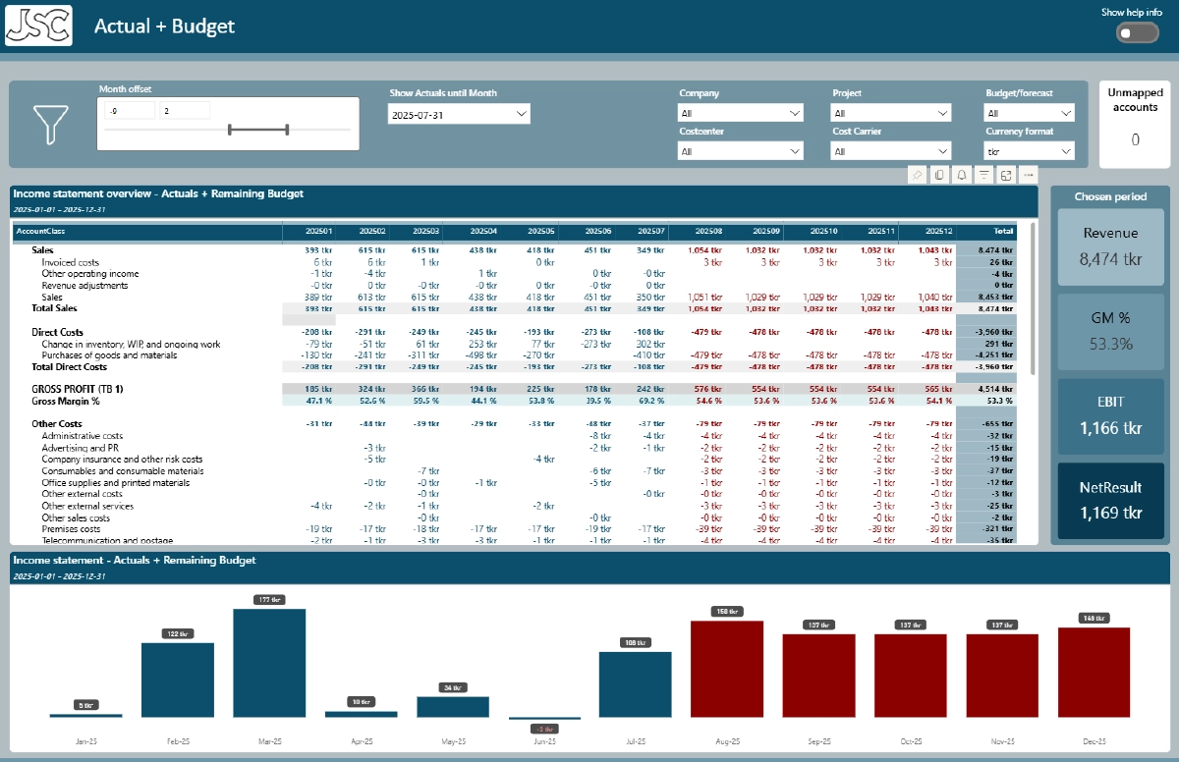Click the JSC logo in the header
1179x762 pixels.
39,25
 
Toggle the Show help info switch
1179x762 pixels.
1137,33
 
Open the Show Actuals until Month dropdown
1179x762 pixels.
459,114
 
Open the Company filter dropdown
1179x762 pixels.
741,114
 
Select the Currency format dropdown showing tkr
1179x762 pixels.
1029,152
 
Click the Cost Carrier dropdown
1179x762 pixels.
891,152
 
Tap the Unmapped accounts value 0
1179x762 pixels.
1135,140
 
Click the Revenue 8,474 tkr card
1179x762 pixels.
1110,246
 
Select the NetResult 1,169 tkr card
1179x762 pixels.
1110,502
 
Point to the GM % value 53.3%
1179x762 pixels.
1110,344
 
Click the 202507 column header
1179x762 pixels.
649,232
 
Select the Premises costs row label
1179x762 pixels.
71,529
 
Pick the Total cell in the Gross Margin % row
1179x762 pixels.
998,401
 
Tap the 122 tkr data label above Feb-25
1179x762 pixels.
178,633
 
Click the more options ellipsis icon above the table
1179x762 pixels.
1029,175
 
